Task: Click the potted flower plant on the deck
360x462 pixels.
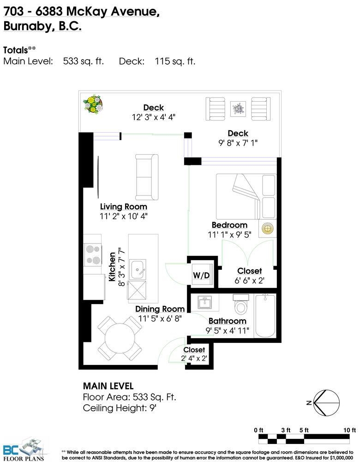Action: click(93, 103)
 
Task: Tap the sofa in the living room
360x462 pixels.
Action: click(147, 177)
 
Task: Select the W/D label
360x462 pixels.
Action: click(201, 275)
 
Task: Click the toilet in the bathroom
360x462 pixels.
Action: click(241, 304)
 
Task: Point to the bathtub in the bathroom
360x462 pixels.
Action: click(265, 316)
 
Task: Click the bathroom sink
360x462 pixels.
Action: click(204, 302)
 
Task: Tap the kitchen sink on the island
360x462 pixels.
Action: click(138, 269)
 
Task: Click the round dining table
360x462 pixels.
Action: click(120, 338)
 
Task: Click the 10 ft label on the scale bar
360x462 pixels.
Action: click(349, 430)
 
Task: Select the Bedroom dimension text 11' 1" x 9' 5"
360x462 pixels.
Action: click(229, 235)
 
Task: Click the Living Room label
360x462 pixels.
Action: click(124, 207)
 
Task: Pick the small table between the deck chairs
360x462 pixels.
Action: click(238, 109)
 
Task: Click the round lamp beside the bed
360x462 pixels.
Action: click(268, 228)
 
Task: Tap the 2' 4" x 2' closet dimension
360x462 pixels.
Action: click(194, 359)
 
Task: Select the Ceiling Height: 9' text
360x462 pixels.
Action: click(120, 408)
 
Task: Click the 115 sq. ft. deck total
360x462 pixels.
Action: click(175, 61)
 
